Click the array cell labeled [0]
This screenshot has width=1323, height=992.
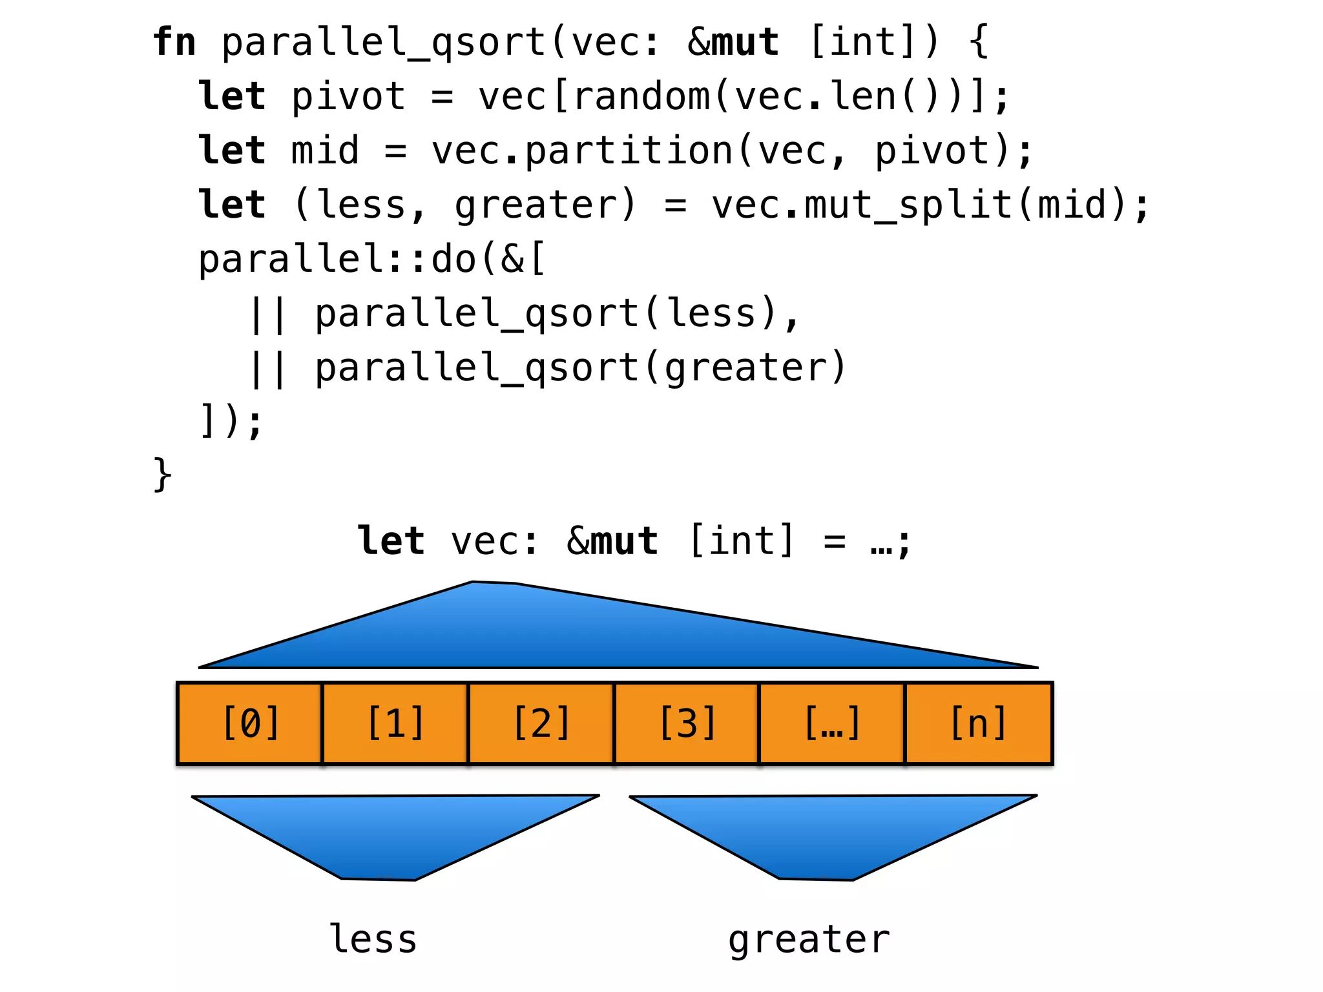pos(249,723)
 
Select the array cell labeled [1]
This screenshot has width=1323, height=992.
pos(395,723)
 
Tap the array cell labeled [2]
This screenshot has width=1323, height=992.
pos(541,723)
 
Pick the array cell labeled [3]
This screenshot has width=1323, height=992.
pos(687,723)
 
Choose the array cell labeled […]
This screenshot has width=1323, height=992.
pos(832,723)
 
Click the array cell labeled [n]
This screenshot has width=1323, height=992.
pos(978,723)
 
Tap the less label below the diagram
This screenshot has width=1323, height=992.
pos(373,939)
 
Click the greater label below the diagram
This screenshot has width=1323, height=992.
pos(809,940)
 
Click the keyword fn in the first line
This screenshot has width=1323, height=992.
pos(174,43)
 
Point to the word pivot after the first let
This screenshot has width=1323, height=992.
pos(348,97)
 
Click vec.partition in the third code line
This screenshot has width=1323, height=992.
pos(581,151)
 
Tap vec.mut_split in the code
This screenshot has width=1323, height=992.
pos(862,205)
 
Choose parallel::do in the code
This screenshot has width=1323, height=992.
pos(337,260)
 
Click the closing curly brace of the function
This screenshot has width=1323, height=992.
pos(162,475)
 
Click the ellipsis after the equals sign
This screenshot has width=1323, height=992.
pos(881,542)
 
